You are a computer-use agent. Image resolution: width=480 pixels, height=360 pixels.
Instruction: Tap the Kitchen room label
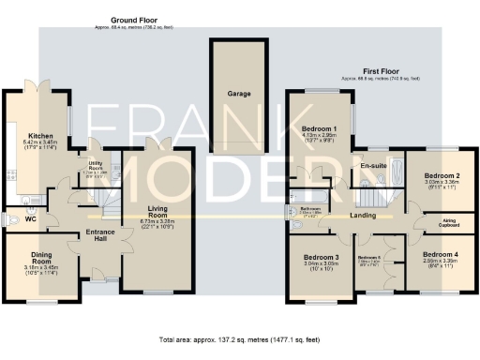(x=40, y=136)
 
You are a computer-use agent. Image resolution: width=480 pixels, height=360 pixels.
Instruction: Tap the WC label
(x=30, y=218)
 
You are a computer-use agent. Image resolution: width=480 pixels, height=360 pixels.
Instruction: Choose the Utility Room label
(x=96, y=170)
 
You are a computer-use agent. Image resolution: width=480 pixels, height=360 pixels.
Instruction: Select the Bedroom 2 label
(x=440, y=175)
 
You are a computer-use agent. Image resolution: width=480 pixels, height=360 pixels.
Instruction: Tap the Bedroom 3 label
(x=321, y=257)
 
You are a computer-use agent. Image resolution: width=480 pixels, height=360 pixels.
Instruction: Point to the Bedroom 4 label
(x=440, y=255)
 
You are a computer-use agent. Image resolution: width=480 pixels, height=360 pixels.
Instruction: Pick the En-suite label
(x=374, y=166)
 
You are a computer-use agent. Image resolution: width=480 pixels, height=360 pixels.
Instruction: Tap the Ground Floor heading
(x=133, y=20)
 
